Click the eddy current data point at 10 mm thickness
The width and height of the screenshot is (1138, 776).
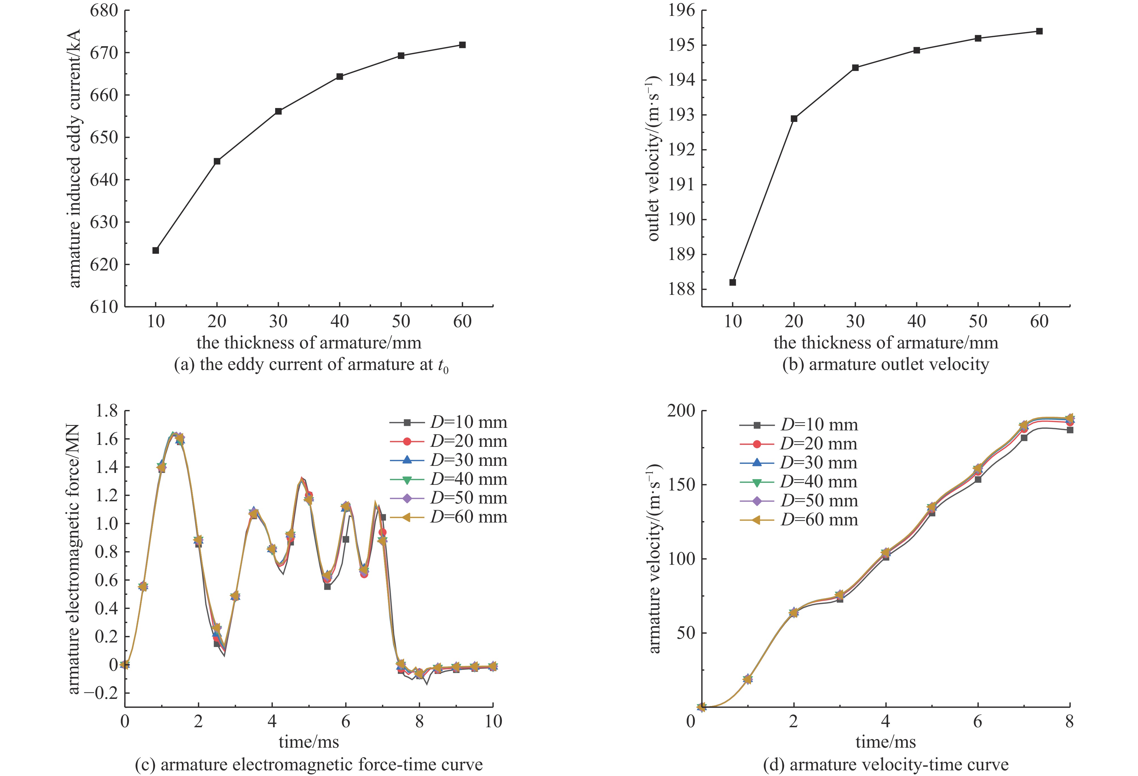[156, 250]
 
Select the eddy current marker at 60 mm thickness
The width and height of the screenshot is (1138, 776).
[462, 45]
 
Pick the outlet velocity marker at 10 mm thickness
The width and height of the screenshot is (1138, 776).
[733, 282]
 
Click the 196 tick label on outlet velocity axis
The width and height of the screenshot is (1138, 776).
[681, 11]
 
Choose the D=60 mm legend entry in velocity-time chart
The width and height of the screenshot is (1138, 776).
[819, 520]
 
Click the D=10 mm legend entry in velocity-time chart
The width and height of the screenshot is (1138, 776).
[819, 425]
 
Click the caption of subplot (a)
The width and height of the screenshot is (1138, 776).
[311, 365]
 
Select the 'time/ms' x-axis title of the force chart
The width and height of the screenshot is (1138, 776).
[309, 742]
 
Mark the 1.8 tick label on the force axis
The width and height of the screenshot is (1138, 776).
[107, 411]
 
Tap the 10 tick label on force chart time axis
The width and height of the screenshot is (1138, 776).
[492, 721]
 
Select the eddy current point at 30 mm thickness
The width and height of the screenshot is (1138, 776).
[278, 111]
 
